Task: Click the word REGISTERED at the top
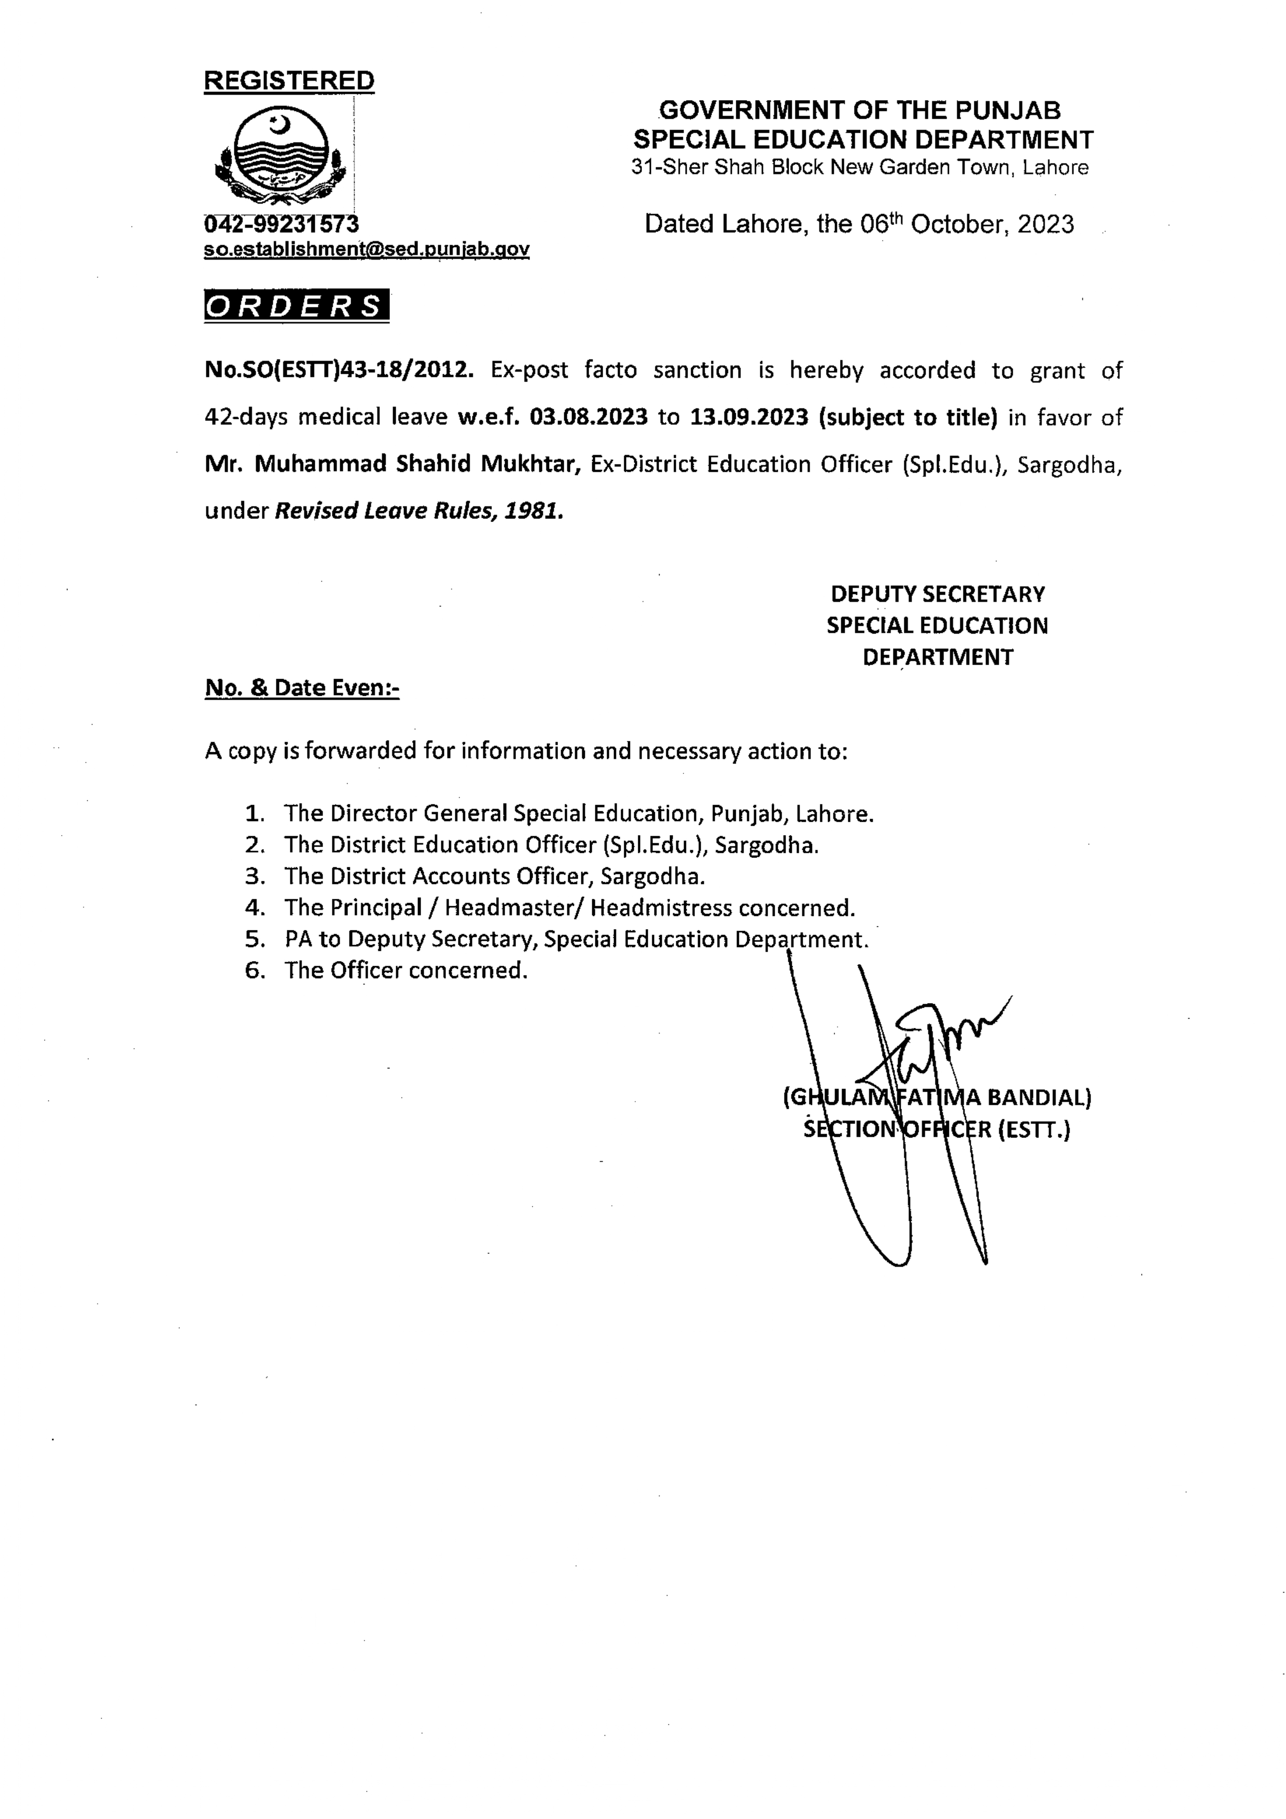pyautogui.click(x=289, y=81)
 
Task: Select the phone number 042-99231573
pyautogui.click(x=281, y=224)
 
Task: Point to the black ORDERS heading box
pyautogui.click(x=296, y=306)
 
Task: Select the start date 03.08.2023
pyautogui.click(x=589, y=417)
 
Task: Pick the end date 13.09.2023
pyautogui.click(x=749, y=417)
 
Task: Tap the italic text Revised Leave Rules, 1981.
pyautogui.click(x=419, y=511)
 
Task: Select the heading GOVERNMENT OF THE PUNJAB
pyautogui.click(x=860, y=110)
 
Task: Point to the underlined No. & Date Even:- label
pyautogui.click(x=302, y=688)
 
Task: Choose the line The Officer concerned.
pyautogui.click(x=406, y=970)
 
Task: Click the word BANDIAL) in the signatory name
pyautogui.click(x=1038, y=1097)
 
